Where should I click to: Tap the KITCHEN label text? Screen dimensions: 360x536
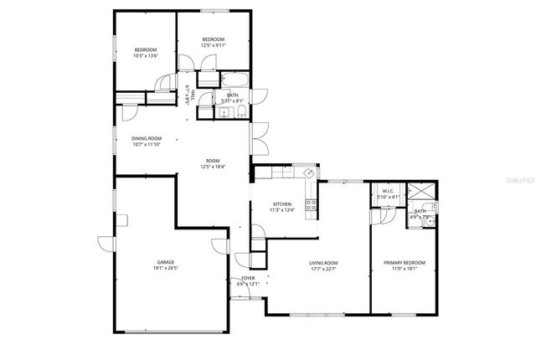[x=281, y=204]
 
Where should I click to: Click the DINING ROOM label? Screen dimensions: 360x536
[x=147, y=138]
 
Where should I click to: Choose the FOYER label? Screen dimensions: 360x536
[x=248, y=278]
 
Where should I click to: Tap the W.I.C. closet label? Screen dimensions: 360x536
[x=387, y=191]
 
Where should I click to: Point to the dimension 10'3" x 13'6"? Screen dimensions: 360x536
[x=146, y=57]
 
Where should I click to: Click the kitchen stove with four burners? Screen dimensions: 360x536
[x=312, y=205]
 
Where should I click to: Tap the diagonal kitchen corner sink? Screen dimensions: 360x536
[x=308, y=174]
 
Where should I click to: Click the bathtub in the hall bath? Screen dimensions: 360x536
[x=234, y=81]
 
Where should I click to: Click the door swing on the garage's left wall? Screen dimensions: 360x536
[x=104, y=244]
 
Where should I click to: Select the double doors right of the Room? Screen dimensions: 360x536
[x=260, y=138]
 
